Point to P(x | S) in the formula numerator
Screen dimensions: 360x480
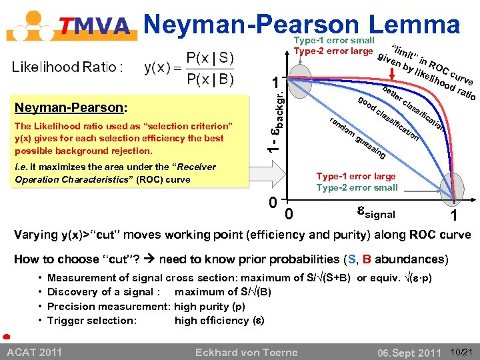[209, 58]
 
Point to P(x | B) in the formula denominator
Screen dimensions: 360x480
[209, 80]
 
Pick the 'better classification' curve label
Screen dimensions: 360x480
[414, 107]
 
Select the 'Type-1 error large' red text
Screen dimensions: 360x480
[356, 177]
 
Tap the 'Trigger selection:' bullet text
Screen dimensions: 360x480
[93, 320]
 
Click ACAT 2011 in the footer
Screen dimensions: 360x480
[35, 351]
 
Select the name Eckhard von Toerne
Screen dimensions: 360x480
[246, 351]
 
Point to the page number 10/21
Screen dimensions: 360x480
[462, 351]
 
